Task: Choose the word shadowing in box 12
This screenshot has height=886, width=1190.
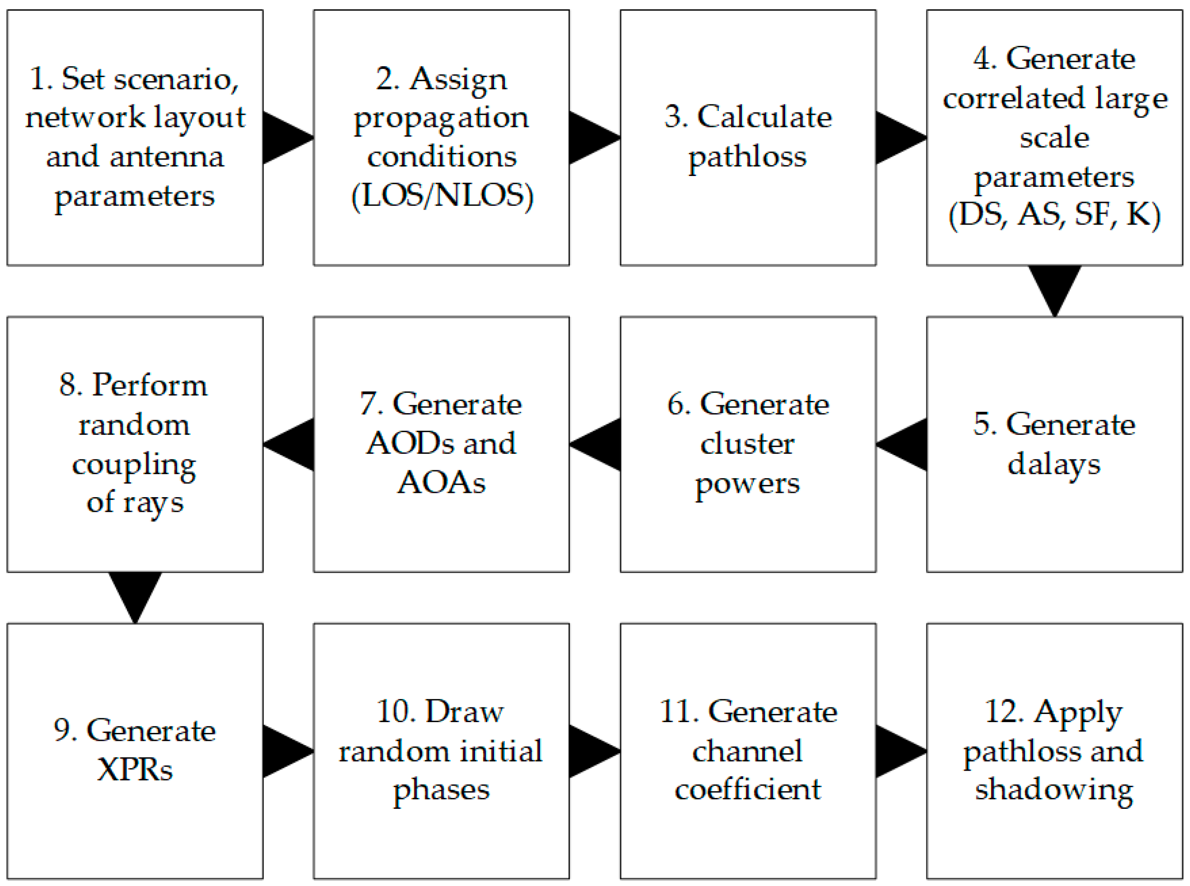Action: [x=1054, y=789]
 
